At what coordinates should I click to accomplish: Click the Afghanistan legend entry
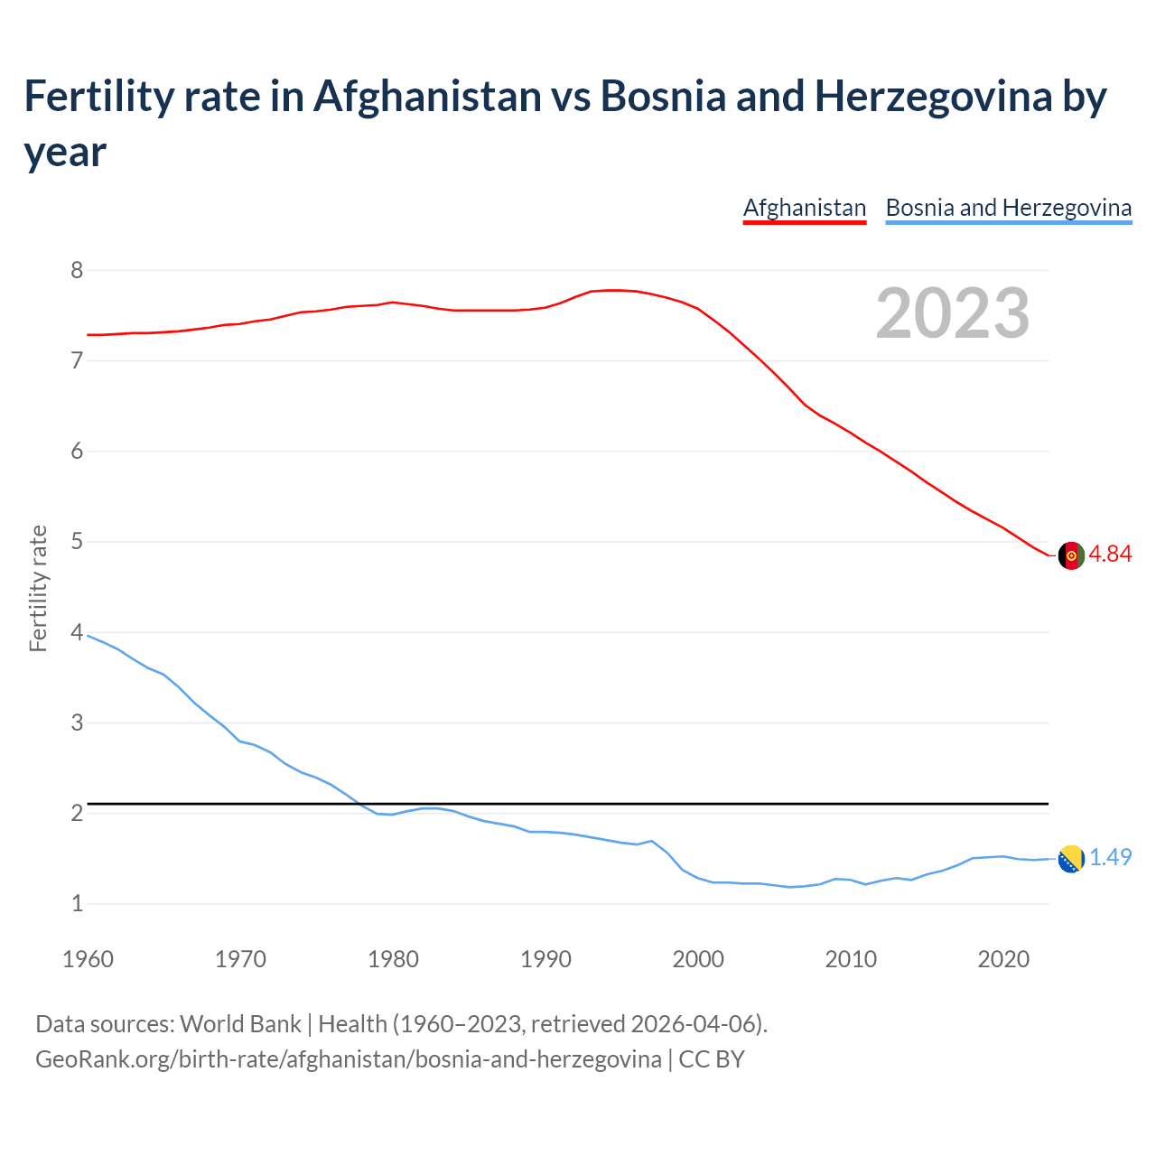click(x=804, y=209)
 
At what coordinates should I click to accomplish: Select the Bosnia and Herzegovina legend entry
click(x=1008, y=209)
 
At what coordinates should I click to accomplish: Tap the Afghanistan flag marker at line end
click(x=1070, y=555)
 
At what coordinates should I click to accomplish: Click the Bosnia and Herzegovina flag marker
click(x=1070, y=859)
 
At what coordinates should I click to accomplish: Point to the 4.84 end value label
click(x=1110, y=555)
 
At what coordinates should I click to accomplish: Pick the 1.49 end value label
click(x=1110, y=858)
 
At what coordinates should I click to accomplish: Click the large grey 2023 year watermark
click(x=952, y=313)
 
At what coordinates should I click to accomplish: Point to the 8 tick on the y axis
click(x=77, y=270)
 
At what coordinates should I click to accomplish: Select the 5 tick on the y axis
click(x=77, y=542)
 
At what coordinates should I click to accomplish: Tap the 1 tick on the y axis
click(x=77, y=903)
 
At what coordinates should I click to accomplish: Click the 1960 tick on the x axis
click(x=88, y=959)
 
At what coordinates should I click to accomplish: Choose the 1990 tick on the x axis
click(x=545, y=959)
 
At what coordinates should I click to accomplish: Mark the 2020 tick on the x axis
click(x=1003, y=959)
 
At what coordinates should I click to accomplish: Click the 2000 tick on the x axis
click(x=698, y=959)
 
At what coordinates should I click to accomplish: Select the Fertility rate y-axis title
click(x=38, y=588)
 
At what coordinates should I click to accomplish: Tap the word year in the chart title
click(x=65, y=152)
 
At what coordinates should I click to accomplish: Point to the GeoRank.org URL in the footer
click(x=348, y=1059)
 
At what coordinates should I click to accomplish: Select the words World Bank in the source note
click(x=240, y=1024)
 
